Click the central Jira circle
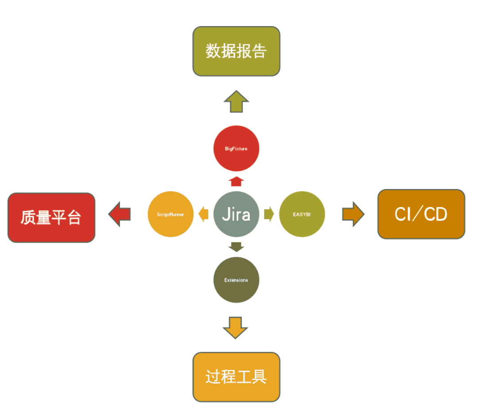point(236,214)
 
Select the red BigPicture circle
point(236,149)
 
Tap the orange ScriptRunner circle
point(170,214)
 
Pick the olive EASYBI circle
point(302,214)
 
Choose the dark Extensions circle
point(236,280)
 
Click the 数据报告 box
point(236,51)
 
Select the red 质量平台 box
point(51,218)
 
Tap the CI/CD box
point(421,214)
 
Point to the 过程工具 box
point(236,377)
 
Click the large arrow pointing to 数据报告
point(236,102)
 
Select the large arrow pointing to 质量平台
point(119,214)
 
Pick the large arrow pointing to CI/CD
point(353,214)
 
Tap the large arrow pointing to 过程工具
point(235,328)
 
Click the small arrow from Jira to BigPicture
point(236,181)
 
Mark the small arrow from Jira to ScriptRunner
point(204,214)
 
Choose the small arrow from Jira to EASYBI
point(269,214)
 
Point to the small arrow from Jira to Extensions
point(236,247)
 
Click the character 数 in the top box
point(213,51)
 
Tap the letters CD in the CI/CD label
point(435,214)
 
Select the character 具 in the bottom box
point(259,377)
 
